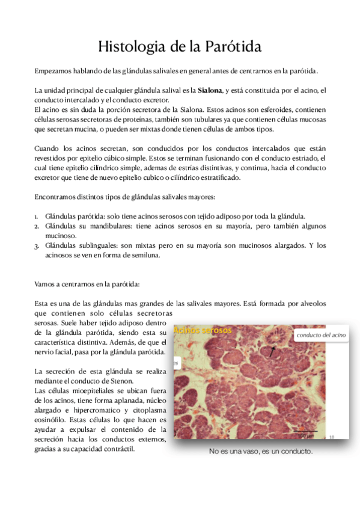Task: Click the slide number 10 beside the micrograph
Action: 332,437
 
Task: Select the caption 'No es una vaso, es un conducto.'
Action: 260,451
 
